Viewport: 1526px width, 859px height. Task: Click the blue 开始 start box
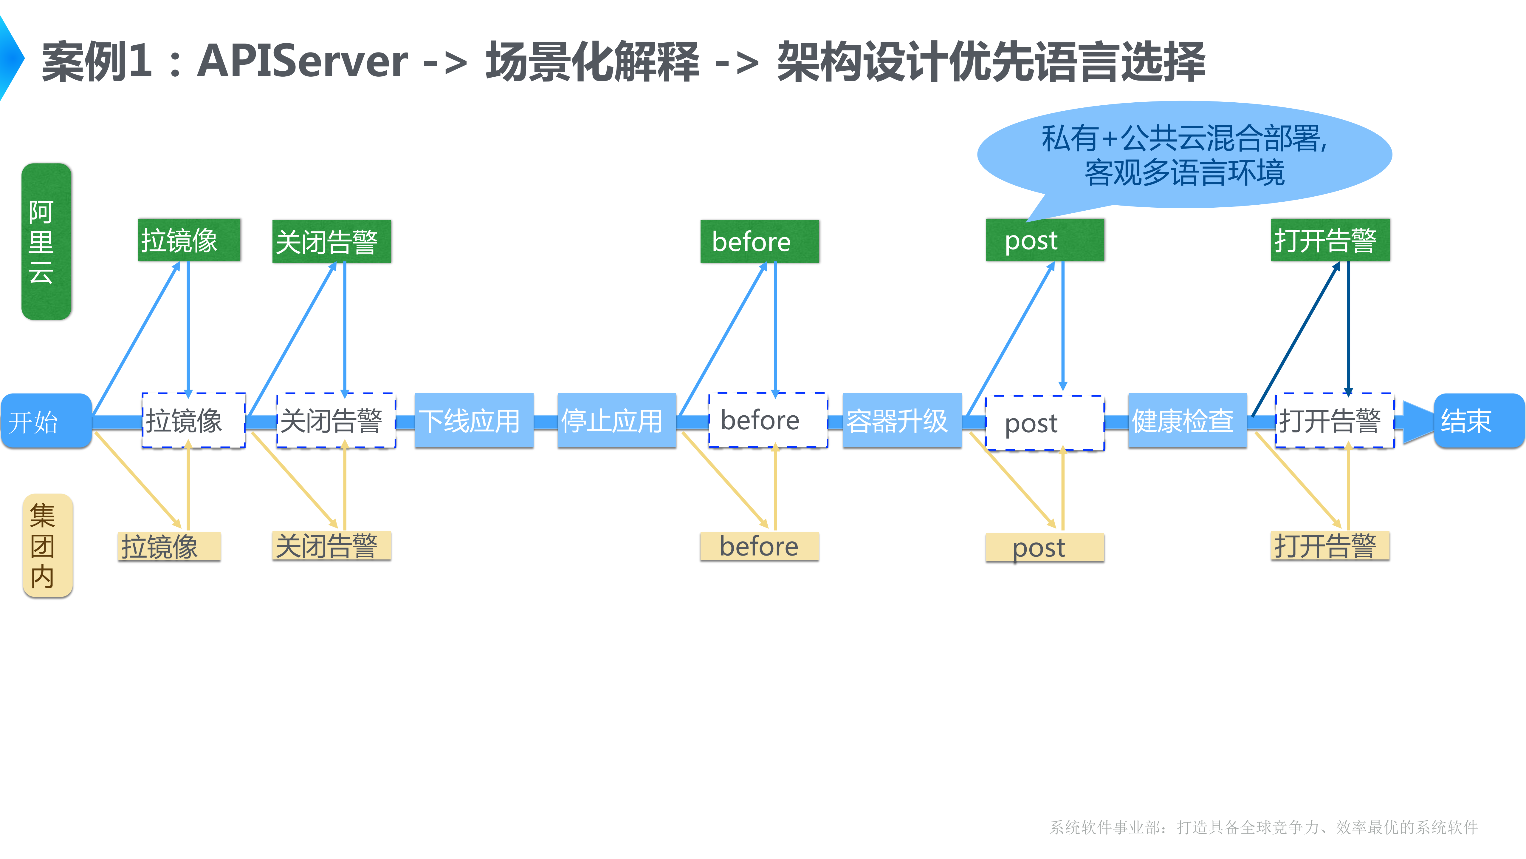[46, 421]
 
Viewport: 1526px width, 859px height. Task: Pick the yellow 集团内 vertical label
[47, 545]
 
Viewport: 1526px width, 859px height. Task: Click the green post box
[1044, 240]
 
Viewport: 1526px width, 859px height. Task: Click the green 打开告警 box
[1330, 240]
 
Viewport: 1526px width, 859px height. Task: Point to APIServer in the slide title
[302, 61]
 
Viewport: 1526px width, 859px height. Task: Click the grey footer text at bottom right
[1264, 827]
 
